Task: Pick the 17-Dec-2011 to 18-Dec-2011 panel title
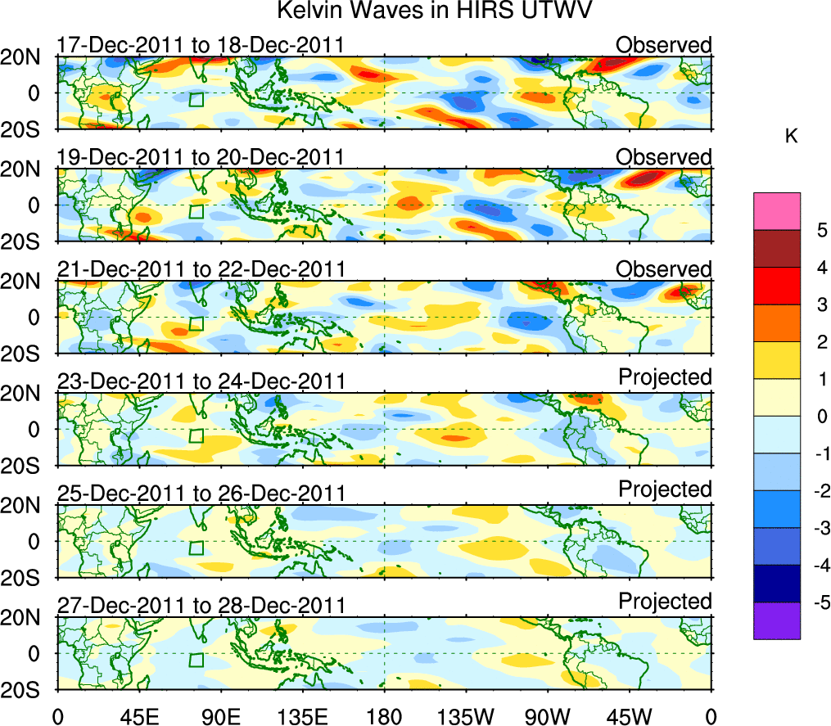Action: coord(200,45)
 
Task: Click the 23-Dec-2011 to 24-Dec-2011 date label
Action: coord(200,381)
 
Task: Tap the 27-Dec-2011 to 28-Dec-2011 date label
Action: coord(200,606)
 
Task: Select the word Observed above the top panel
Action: coord(664,45)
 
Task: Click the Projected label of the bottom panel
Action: coord(664,602)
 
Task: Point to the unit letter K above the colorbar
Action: coord(791,137)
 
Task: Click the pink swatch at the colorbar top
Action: coord(776,211)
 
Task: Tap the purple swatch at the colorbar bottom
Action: coord(776,620)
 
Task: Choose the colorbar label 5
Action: coord(818,231)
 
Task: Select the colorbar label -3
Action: coord(815,528)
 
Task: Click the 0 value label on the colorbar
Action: coord(818,417)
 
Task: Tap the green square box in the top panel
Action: coord(196,99)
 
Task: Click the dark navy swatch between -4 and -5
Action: coord(776,584)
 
